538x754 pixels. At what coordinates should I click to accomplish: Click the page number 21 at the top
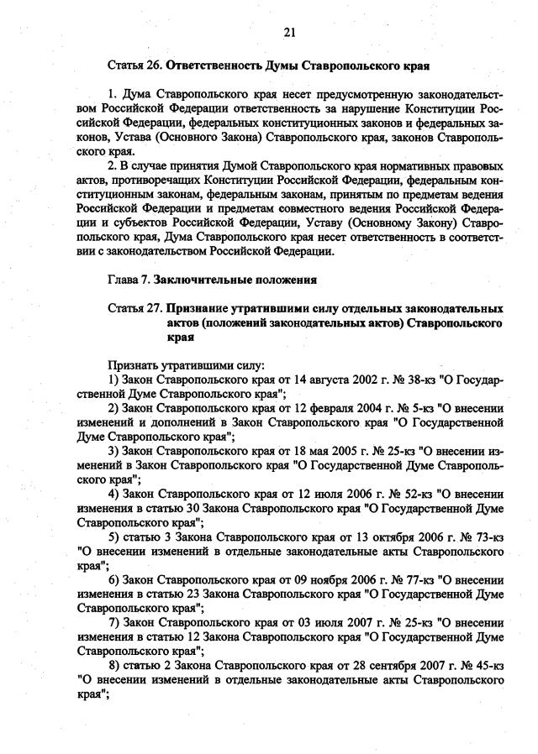(x=289, y=33)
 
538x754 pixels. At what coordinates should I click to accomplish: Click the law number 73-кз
(x=487, y=537)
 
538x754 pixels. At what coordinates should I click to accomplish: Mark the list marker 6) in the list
(x=114, y=579)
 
